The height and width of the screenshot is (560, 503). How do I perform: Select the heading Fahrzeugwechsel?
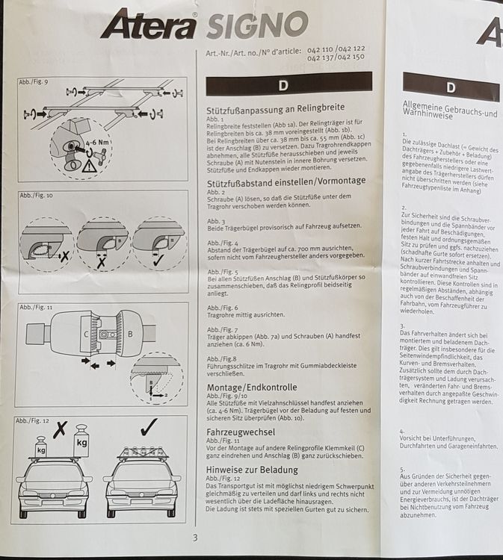click(x=241, y=432)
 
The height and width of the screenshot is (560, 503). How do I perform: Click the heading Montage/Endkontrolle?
click(x=251, y=388)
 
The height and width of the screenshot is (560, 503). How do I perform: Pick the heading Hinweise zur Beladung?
click(x=252, y=470)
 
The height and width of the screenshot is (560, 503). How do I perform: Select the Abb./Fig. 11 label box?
click(x=35, y=307)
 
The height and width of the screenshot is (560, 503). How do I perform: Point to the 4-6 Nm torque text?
click(x=100, y=140)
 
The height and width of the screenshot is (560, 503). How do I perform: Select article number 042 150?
click(x=348, y=57)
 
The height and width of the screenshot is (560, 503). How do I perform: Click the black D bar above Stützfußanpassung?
click(x=288, y=84)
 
